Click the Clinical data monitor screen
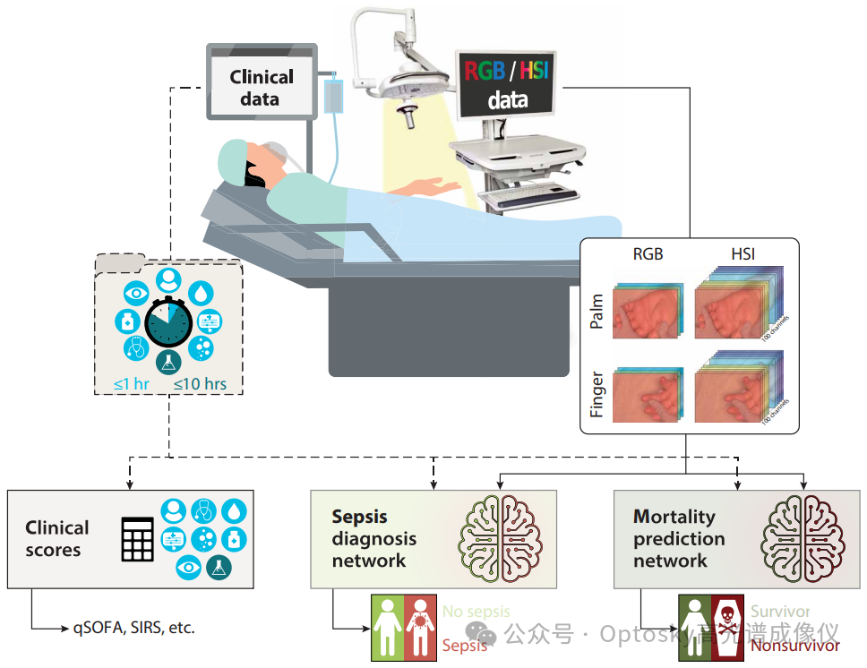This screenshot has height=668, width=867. (261, 87)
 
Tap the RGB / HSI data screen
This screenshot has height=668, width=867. (508, 85)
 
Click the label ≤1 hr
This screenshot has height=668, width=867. (131, 385)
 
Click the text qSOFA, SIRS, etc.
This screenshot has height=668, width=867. (133, 628)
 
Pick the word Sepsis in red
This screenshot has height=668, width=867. (465, 645)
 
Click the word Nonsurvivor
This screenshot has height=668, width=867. (795, 646)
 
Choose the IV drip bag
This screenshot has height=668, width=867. (333, 96)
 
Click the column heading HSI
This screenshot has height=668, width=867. (743, 254)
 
